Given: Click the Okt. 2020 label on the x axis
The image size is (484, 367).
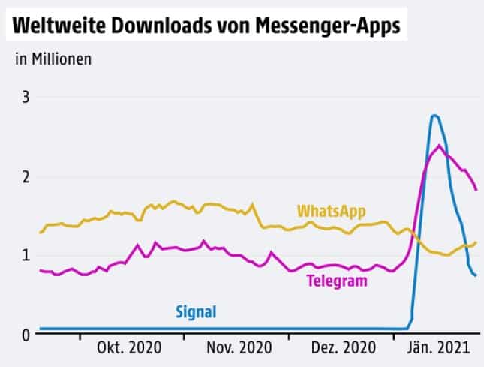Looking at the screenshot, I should coord(129,349).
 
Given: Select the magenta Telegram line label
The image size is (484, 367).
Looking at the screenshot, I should coord(337,281).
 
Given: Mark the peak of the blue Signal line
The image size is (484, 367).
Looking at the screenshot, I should coord(434,115).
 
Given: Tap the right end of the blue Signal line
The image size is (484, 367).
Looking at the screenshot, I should coord(476,275).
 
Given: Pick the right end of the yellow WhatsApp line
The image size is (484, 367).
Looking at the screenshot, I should coord(476,242).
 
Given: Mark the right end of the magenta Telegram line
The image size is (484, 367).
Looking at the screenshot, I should coord(476,190).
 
